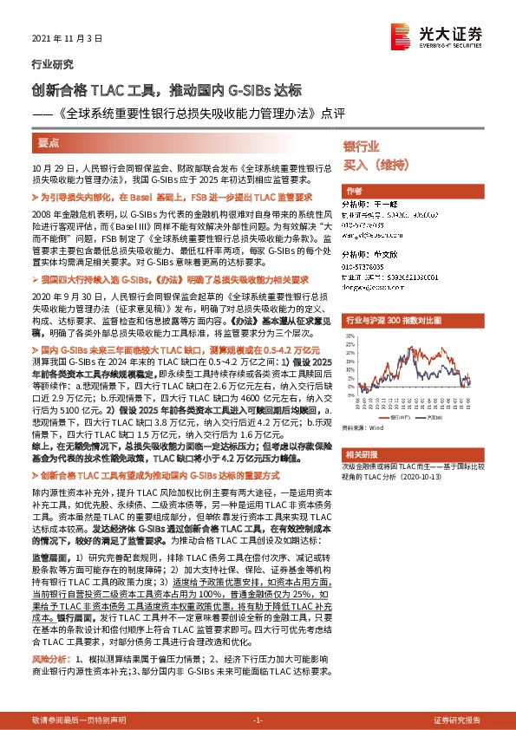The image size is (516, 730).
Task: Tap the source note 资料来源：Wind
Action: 363,427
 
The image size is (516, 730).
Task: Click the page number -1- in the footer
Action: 257,720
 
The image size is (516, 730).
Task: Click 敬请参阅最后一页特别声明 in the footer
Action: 78,720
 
